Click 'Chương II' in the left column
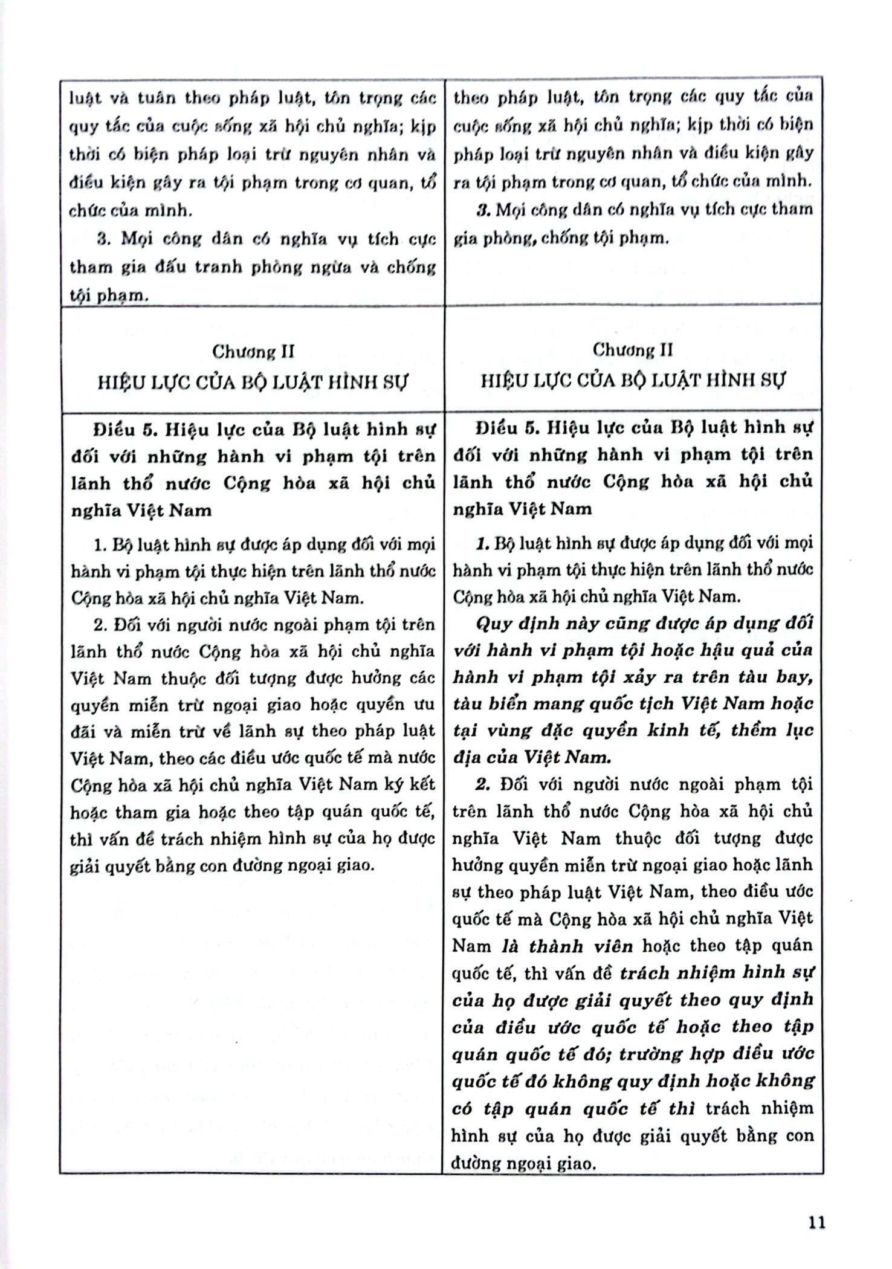(253, 351)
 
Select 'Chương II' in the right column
(633, 350)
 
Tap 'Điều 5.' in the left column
(121, 430)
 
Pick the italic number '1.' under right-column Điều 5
(482, 543)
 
